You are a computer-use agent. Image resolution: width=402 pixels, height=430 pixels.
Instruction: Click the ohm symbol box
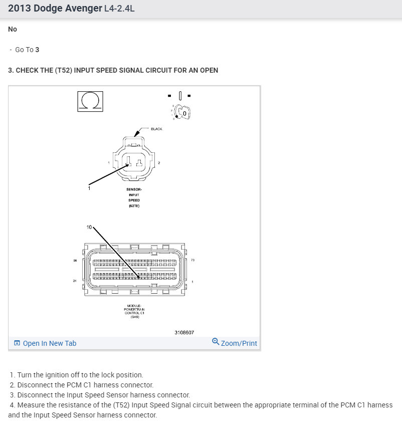90,101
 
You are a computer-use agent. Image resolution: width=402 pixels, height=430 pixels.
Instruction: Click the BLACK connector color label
156,129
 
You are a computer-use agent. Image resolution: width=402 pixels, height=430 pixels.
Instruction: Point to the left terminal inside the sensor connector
128,161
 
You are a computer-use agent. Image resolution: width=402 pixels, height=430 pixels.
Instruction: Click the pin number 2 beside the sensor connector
159,163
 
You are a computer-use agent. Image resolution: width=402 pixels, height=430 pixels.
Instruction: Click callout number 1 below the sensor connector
89,188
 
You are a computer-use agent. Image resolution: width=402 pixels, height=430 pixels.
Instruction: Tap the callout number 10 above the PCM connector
89,227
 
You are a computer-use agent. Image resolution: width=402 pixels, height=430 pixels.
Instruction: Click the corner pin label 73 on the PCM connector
193,261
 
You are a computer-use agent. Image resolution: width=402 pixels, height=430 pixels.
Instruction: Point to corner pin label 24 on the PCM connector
75,281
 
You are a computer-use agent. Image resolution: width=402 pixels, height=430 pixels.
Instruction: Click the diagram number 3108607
184,332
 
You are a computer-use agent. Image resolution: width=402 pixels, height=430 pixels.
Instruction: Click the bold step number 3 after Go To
38,50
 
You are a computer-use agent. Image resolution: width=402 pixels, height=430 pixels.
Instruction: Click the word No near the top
13,29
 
